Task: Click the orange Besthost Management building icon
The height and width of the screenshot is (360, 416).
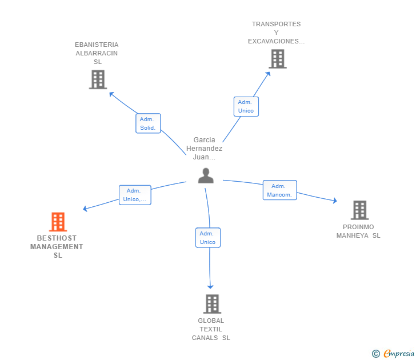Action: [58, 222]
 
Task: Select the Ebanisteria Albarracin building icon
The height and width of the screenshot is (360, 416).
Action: [98, 79]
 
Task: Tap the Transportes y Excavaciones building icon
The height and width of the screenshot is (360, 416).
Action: [277, 59]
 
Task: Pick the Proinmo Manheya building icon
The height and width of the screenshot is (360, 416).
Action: [359, 210]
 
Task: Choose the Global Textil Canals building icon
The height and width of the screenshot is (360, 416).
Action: [212, 304]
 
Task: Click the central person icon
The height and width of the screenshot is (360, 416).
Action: [206, 176]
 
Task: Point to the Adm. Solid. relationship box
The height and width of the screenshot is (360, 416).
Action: [148, 123]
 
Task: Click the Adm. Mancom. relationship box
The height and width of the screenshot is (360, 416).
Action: [279, 190]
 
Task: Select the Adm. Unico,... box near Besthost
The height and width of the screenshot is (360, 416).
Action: [134, 195]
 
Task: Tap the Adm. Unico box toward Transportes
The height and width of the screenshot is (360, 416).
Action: [246, 106]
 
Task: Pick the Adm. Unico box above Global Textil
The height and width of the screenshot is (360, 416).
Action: [207, 238]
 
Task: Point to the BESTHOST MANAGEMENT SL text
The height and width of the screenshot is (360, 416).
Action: [57, 247]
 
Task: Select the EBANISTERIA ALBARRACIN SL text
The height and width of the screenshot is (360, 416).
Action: [97, 53]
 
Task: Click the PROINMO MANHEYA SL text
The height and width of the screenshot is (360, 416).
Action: [358, 231]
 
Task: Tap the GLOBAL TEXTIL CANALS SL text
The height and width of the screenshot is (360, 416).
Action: [211, 329]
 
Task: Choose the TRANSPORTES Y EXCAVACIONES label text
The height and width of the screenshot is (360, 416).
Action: [276, 33]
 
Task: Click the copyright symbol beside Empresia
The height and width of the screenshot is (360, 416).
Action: [376, 354]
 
